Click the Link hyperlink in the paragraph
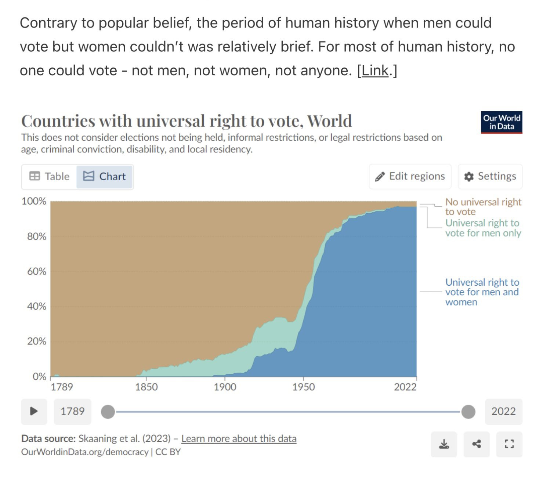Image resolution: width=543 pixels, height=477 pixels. (x=375, y=71)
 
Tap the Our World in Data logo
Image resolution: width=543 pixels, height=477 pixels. (x=501, y=122)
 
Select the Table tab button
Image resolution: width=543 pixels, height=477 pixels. (x=50, y=177)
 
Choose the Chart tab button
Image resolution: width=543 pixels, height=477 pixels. (x=105, y=177)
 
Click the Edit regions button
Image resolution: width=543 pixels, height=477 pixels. (x=410, y=177)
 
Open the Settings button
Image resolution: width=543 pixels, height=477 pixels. (x=490, y=177)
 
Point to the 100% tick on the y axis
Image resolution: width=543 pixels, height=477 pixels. (x=34, y=201)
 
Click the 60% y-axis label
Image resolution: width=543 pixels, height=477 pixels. (x=36, y=271)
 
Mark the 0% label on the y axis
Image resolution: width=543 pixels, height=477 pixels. (x=39, y=376)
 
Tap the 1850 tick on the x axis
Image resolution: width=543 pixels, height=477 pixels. (x=146, y=387)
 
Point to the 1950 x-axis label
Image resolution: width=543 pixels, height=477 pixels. (x=303, y=387)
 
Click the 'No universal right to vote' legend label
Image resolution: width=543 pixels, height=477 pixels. (x=483, y=207)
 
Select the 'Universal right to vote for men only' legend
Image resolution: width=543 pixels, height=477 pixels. (x=483, y=228)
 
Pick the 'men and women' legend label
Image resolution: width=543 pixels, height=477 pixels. (x=482, y=292)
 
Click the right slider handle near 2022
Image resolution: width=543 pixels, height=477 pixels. (x=468, y=412)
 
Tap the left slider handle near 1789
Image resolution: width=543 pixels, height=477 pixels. (x=108, y=412)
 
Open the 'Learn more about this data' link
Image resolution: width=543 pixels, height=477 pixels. (x=239, y=439)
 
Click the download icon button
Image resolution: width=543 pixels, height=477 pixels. (x=444, y=444)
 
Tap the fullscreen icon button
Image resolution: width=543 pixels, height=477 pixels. (x=509, y=444)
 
